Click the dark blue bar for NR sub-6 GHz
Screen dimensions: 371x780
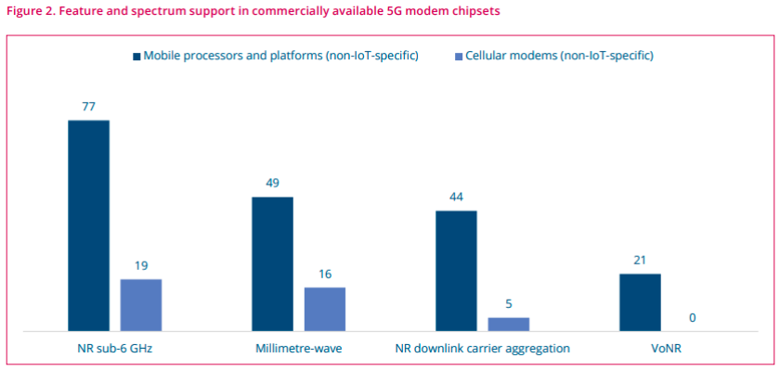[88, 225]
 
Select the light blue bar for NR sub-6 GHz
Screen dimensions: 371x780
[141, 304]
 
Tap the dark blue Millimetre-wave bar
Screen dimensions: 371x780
[272, 263]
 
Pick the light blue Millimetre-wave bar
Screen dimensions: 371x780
[325, 308]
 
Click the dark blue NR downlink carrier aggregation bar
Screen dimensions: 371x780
[456, 270]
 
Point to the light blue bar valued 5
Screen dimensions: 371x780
[509, 324]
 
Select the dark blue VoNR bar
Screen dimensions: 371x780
[640, 301]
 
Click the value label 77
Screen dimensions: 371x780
[88, 107]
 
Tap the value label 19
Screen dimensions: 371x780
[141, 265]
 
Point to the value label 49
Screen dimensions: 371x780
[272, 183]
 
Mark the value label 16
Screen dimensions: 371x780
[325, 274]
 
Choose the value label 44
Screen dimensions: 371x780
[456, 197]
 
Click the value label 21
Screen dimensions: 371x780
[640, 260]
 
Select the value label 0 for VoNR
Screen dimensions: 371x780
[693, 317]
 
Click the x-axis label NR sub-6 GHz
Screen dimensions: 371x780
[114, 349]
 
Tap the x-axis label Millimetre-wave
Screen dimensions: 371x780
[298, 349]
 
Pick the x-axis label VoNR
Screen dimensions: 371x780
[666, 349]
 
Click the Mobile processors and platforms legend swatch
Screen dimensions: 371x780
[136, 57]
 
